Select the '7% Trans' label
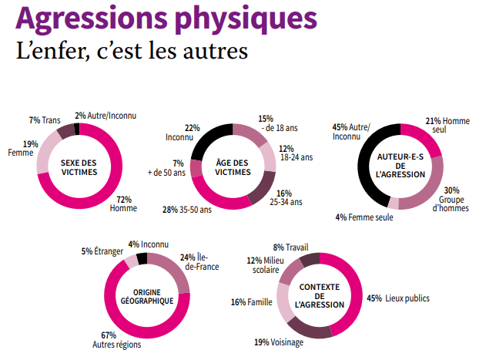tap(45, 120)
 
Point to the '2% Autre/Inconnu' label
tap(106, 116)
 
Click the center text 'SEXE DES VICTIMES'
tap(79, 167)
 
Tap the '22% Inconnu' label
tap(181, 133)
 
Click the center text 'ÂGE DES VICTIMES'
tap(233, 167)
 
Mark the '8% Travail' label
tap(291, 247)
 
